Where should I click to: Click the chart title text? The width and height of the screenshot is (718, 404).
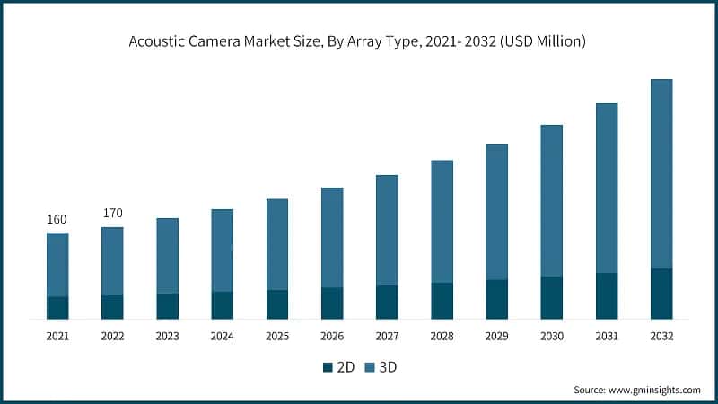tap(358, 43)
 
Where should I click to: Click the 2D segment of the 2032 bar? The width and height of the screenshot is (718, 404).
tap(661, 294)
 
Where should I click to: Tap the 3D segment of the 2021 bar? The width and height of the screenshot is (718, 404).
tap(57, 265)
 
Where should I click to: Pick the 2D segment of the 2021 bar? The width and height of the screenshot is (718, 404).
tap(57, 307)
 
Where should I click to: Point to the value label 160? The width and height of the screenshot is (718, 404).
tap(57, 219)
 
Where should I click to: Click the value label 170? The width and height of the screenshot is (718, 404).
tap(113, 214)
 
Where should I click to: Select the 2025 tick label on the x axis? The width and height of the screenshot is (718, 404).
tap(277, 336)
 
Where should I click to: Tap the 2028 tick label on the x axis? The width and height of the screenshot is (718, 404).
tap(442, 336)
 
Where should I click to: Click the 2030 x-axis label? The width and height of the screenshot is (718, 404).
tap(552, 336)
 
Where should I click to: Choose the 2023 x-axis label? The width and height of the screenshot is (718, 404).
tap(168, 336)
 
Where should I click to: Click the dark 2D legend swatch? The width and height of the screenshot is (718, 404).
tap(328, 367)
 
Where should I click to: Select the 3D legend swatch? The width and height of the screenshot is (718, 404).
tap(369, 367)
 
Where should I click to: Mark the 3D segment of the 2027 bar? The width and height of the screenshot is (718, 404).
tap(387, 230)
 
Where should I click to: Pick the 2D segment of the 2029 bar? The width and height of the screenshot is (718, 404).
tap(496, 299)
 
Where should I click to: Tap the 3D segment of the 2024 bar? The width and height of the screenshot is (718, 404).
tap(223, 250)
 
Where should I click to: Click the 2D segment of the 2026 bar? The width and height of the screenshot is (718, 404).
tap(332, 303)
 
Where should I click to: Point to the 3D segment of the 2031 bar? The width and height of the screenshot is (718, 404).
tap(607, 188)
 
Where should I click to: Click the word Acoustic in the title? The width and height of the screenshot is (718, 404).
tap(158, 43)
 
